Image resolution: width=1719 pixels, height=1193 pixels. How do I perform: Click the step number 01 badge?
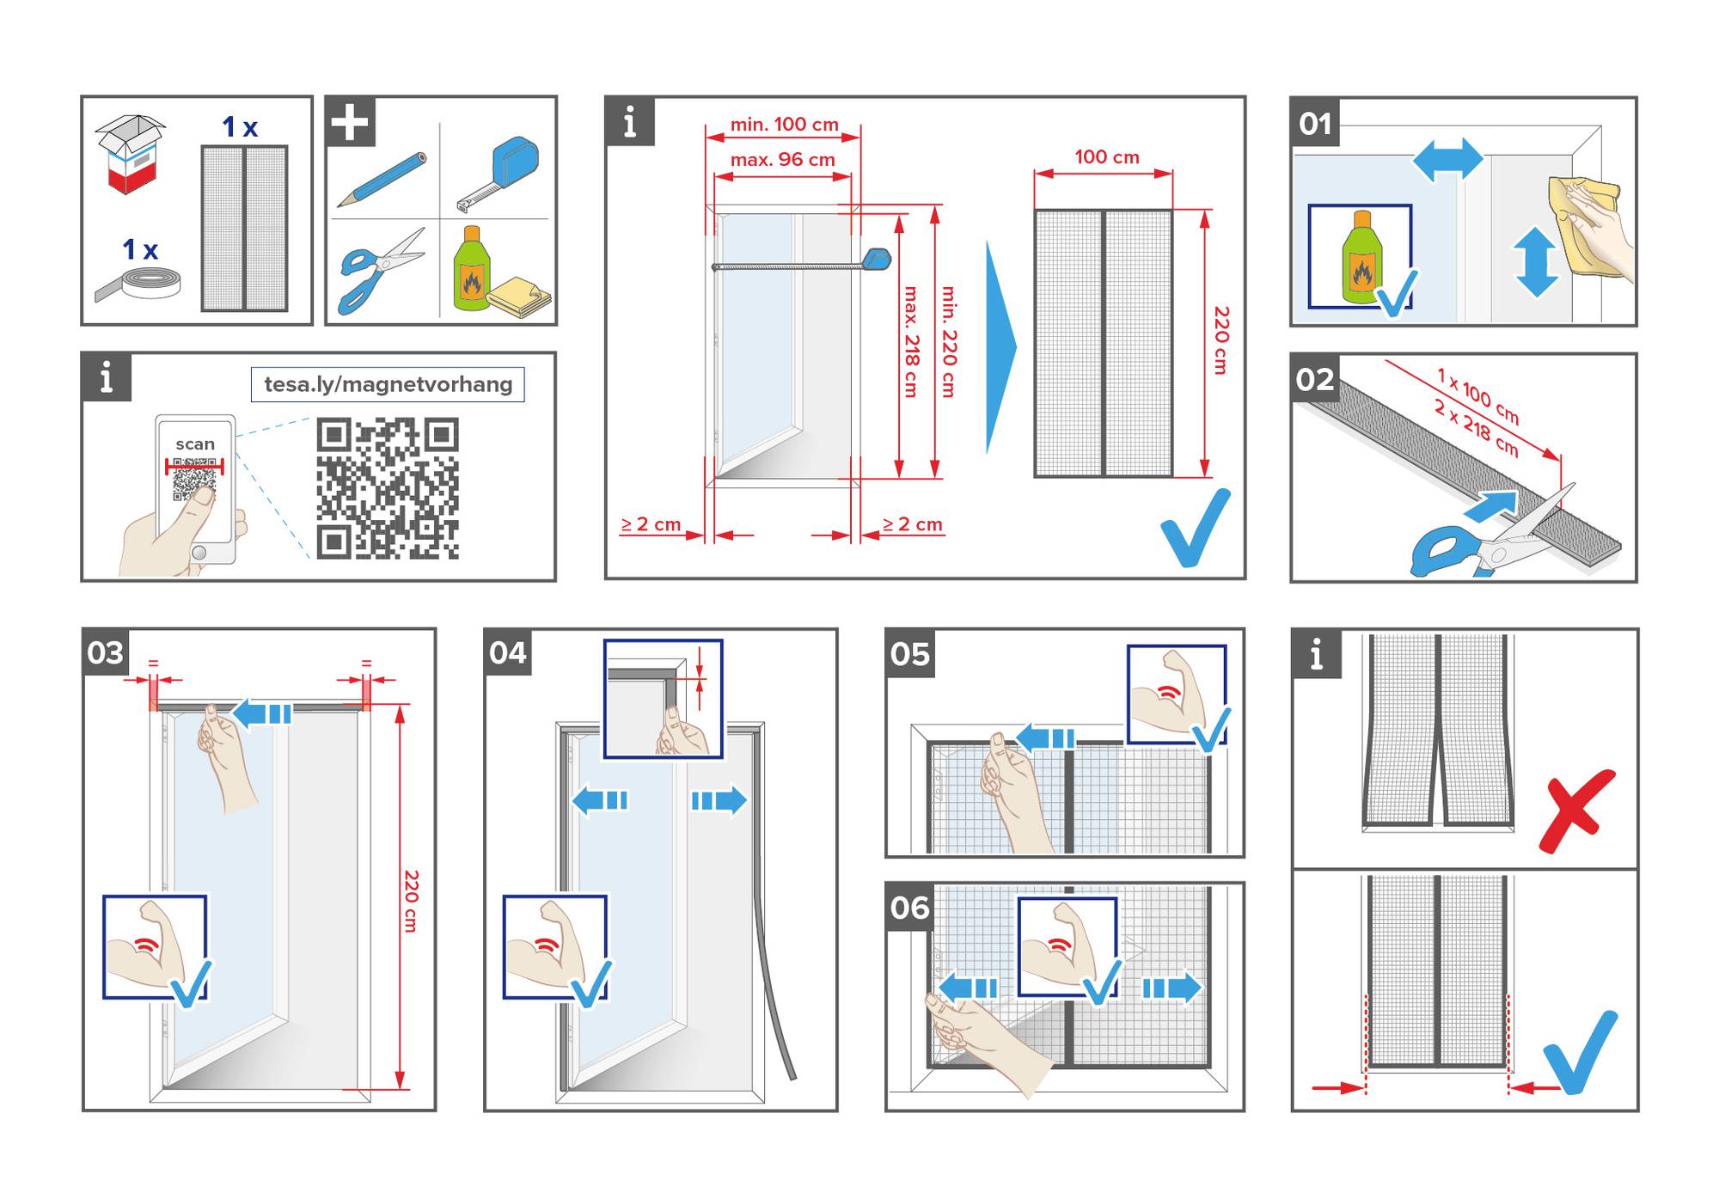coord(1315,123)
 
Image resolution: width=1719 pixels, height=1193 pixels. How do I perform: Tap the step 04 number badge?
coord(507,652)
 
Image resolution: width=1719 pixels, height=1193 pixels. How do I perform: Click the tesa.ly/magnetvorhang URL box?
coord(388,384)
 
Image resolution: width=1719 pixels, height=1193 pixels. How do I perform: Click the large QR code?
coord(388,488)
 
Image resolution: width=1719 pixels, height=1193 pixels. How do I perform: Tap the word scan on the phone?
coord(195,444)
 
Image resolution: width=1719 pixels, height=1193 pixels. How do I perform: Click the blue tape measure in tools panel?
coord(501,172)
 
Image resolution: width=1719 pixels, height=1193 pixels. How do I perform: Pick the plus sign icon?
coord(350,121)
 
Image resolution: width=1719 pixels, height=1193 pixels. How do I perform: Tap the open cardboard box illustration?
coord(131,153)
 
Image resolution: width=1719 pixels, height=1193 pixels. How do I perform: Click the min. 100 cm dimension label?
coord(784,125)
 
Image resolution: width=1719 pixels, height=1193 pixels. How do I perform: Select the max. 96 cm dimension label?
coord(782,160)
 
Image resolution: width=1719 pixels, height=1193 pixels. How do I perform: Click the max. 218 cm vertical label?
coord(911,342)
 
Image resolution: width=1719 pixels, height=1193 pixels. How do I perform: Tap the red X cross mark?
coord(1576,810)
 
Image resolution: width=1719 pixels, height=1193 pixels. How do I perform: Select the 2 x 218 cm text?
coord(1476,427)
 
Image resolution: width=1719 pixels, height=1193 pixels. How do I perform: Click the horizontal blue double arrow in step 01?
coord(1448,161)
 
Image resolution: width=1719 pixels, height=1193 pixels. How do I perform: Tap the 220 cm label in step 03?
coord(411,900)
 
